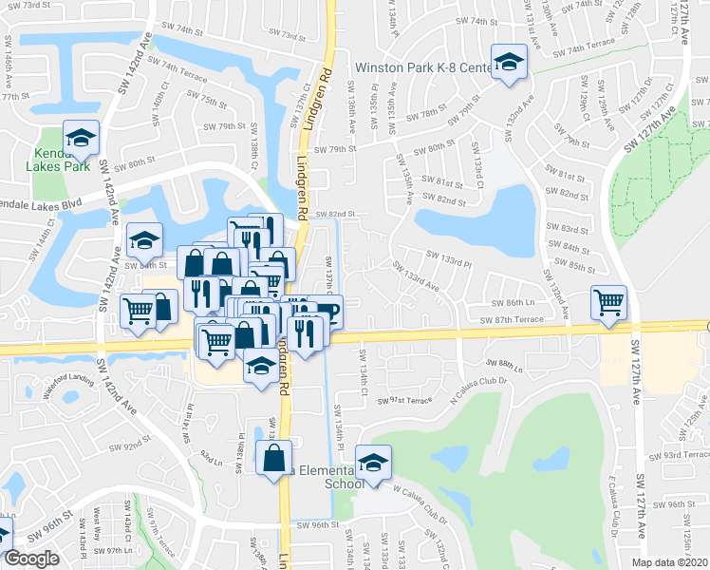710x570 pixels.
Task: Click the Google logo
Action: click(x=31, y=559)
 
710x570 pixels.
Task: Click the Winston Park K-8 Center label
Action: click(x=422, y=67)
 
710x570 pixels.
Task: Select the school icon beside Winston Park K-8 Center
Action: click(x=510, y=63)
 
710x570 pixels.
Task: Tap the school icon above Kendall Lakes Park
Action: click(x=82, y=139)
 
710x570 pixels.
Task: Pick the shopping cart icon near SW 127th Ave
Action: click(x=608, y=302)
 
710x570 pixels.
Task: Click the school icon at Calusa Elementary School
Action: click(x=377, y=462)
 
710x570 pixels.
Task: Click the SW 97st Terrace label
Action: click(x=404, y=403)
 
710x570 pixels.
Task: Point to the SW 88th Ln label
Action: click(x=504, y=363)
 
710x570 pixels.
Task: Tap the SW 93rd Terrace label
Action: click(x=685, y=455)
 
